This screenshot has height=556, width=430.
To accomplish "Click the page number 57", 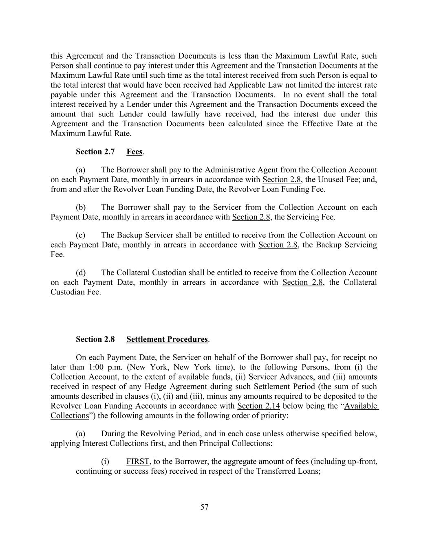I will (205, 507).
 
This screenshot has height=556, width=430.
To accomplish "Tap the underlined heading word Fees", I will (134, 152).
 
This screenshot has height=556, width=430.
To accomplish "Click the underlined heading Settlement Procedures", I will (167, 339).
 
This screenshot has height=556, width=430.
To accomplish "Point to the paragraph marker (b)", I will (81, 207).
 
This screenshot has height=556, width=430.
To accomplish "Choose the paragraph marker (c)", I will (81, 235).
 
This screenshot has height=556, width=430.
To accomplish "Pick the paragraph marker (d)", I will (81, 273).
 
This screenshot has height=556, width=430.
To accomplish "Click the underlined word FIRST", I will (138, 462).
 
